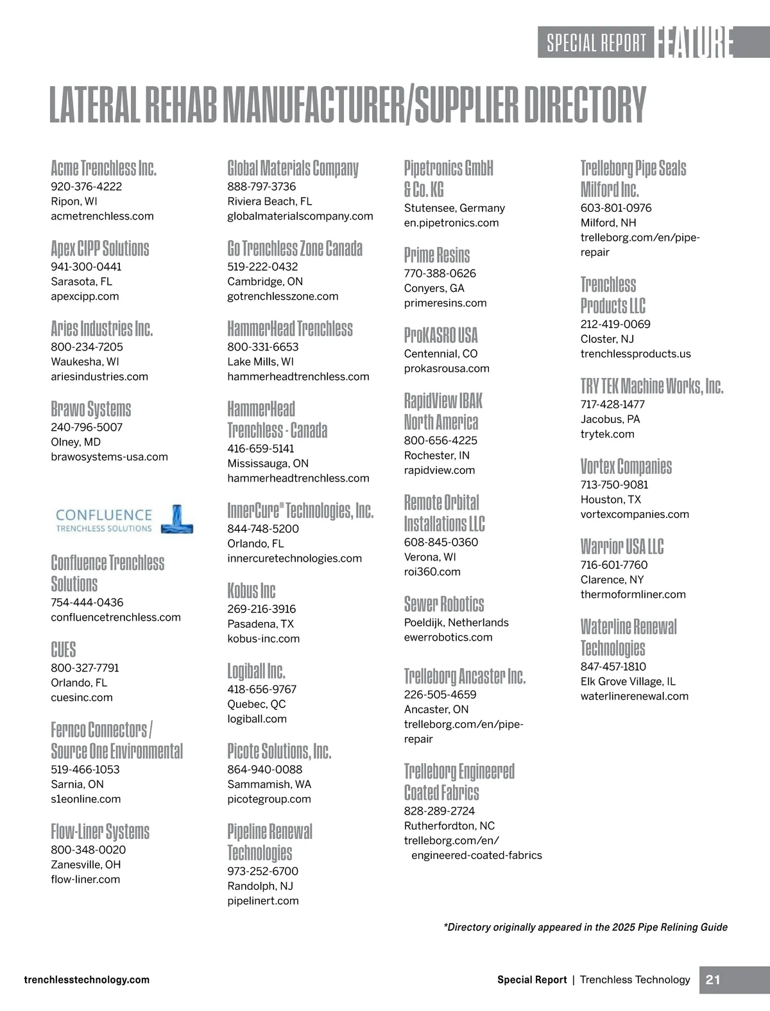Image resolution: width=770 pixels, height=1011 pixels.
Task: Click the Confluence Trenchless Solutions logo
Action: coord(124,520)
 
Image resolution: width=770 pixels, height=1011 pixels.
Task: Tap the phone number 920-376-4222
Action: coord(86,187)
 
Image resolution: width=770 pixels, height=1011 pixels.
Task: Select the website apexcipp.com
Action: coord(85,297)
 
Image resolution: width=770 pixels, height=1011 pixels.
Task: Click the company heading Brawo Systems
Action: coord(90,409)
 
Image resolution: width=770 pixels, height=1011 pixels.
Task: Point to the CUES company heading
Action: coord(63,650)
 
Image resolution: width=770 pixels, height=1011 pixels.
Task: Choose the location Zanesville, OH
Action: coord(85,865)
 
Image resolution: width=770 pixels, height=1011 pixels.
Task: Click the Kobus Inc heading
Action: coord(251,591)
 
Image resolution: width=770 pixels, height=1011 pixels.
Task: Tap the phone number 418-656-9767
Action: coord(262,689)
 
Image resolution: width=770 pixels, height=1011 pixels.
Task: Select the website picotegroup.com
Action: coord(269,799)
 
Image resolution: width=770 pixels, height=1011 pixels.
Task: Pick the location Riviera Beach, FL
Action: coord(269,202)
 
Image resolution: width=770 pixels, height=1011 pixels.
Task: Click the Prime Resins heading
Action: coord(436,255)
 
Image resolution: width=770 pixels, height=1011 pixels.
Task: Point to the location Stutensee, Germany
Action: coord(454,208)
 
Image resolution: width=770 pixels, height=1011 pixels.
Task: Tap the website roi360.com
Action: coord(432,572)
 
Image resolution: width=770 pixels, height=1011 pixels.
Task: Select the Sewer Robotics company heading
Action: coord(443,604)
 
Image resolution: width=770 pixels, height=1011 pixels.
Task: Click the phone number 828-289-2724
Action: coord(439,811)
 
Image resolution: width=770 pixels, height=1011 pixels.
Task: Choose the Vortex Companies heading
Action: coord(626,466)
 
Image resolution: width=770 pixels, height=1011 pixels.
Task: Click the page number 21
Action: coord(712,980)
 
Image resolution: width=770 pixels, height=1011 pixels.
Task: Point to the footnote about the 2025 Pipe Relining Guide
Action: coord(585,927)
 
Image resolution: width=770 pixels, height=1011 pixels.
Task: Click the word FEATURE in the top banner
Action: coord(694,42)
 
